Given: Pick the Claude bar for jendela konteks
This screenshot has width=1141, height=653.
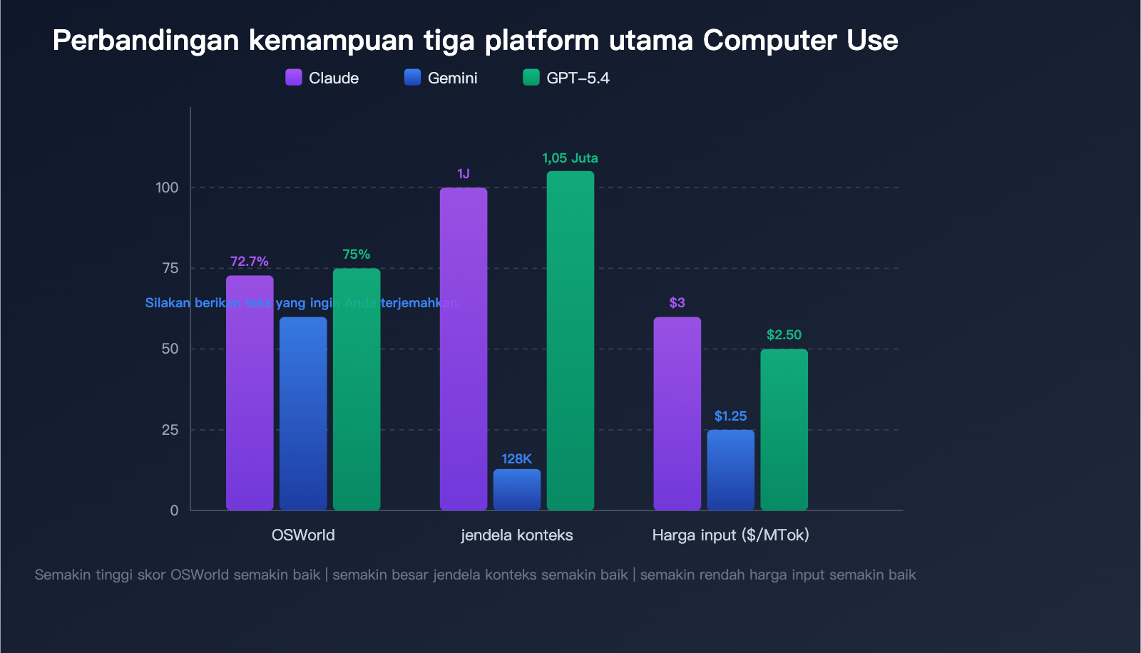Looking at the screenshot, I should coord(464,349).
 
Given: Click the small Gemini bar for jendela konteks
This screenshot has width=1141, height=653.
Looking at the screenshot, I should coord(517,490).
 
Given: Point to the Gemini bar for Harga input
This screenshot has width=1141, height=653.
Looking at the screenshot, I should coord(731,470).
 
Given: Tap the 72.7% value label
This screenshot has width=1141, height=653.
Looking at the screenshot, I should coord(250,262).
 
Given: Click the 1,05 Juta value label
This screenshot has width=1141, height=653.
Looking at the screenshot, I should coord(570,158).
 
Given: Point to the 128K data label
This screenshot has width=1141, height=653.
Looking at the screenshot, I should coord(516,459).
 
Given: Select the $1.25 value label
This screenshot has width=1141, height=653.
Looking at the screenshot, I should coord(730,416).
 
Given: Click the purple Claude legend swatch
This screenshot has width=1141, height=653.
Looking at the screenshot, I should coord(294,77).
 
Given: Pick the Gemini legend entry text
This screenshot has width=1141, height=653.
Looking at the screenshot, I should coord(452,78).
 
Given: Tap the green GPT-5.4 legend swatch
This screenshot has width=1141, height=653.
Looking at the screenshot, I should coord(531,77).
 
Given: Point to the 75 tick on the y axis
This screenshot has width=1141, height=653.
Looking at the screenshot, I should coord(170,268).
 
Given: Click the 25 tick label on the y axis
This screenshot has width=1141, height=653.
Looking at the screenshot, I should coord(170,430).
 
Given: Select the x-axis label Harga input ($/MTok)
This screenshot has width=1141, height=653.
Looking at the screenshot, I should coord(730,535).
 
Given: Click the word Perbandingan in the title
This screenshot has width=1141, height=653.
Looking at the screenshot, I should coord(146,41).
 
